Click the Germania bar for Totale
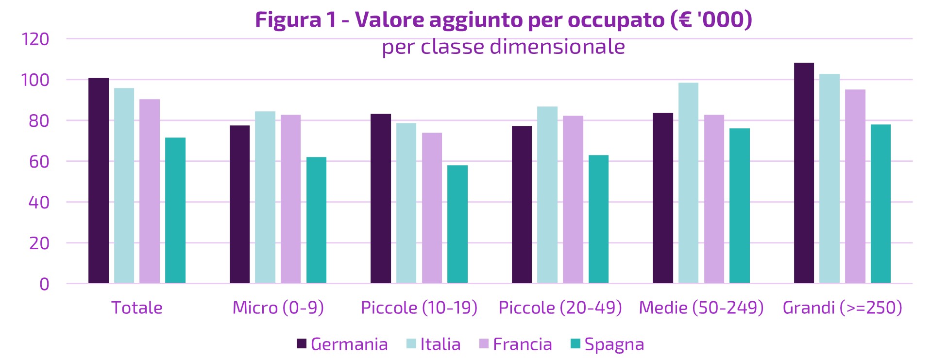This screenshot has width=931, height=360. [x=99, y=180]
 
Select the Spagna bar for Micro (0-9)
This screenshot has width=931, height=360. [x=316, y=220]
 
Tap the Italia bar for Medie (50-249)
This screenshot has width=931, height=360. [x=688, y=183]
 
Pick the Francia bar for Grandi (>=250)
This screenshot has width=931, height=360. [x=855, y=186]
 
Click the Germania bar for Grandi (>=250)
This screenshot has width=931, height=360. [x=804, y=173]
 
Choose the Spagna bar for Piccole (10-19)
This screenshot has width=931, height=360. [x=457, y=224]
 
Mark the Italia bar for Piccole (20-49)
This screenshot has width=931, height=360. [x=547, y=194]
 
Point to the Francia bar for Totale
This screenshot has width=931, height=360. [x=150, y=191]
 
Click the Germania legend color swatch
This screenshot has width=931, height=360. [x=302, y=344]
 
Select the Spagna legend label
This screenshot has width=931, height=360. [x=614, y=344]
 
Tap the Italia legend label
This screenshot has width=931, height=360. [x=440, y=344]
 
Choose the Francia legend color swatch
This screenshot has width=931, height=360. [x=484, y=344]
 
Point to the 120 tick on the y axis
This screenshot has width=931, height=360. [x=35, y=39]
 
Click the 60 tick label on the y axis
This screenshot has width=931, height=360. [x=39, y=161]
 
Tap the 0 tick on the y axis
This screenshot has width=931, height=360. [x=44, y=284]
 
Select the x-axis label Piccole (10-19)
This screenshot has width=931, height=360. [x=419, y=308]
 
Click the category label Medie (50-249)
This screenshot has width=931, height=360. [x=701, y=308]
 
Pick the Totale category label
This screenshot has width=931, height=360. [x=137, y=308]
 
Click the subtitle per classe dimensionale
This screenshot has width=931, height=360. [x=503, y=47]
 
